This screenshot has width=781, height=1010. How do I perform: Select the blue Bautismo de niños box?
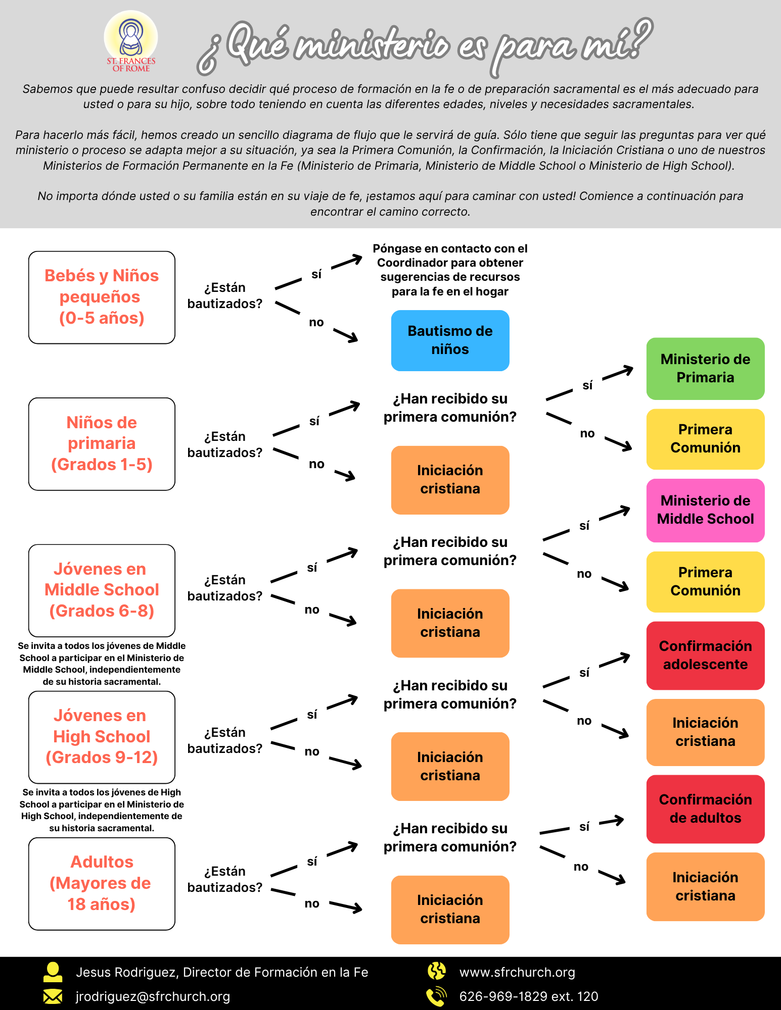tap(450, 340)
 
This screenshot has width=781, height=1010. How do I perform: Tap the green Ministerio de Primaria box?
tap(705, 369)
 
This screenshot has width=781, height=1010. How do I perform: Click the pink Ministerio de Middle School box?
tap(705, 510)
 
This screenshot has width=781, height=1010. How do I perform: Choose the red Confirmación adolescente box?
tap(705, 655)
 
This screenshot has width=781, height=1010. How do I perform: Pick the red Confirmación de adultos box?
tap(705, 809)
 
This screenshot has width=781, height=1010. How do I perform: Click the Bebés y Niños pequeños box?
tap(102, 297)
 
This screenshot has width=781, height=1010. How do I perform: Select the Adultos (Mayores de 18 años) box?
tap(102, 884)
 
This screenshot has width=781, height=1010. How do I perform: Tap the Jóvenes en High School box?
tap(102, 737)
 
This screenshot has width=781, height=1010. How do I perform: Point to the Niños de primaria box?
tap(102, 444)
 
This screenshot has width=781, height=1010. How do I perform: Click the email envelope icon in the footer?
tap(53, 996)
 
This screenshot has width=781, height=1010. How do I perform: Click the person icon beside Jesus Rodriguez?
tap(53, 972)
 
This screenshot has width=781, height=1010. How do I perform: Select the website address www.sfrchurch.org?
tap(517, 972)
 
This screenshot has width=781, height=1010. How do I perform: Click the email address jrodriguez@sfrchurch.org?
tap(153, 996)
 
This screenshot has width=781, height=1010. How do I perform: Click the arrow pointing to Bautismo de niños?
tap(346, 335)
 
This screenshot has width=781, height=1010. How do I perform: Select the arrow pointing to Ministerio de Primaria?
tap(618, 373)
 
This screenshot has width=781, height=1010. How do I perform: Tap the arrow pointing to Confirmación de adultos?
tap(612, 821)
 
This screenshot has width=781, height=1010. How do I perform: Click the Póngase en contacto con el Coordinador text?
tap(450, 270)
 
